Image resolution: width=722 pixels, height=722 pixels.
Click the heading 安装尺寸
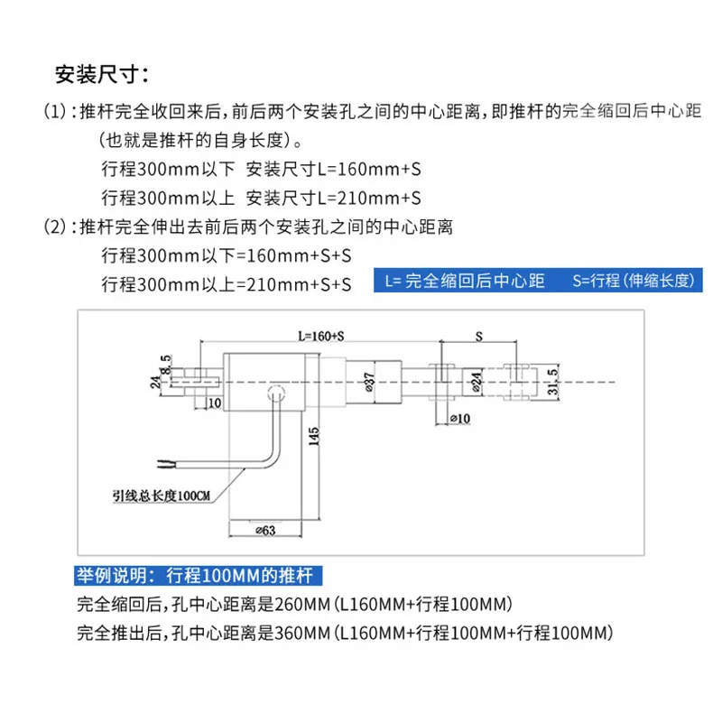(98, 73)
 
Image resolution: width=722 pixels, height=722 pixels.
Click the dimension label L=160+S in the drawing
(320, 336)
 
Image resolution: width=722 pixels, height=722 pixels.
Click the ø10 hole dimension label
(459, 419)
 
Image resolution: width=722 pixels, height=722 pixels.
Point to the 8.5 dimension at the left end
(165, 364)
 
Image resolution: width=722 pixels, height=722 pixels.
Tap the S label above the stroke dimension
(478, 335)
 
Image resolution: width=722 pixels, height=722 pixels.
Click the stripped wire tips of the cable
(164, 466)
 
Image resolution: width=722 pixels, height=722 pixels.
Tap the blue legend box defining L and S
(540, 281)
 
